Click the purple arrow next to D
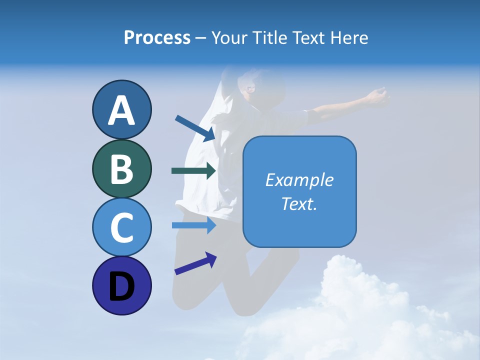195,263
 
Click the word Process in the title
157,37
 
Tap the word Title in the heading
268,37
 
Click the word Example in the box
299,180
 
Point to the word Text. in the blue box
299,203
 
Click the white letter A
121,111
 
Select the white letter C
121,227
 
